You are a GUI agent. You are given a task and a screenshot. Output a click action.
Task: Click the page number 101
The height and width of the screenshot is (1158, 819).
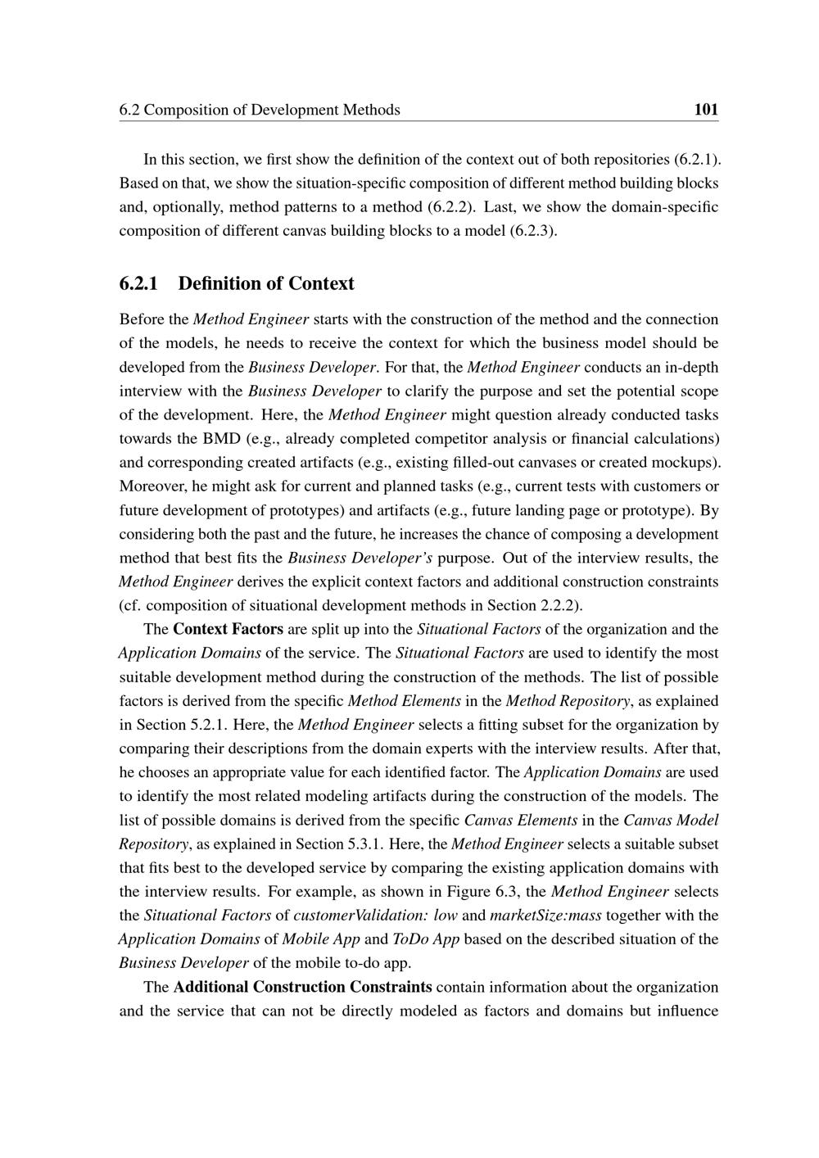point(705,109)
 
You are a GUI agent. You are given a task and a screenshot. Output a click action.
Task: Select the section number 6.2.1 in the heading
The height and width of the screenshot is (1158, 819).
point(141,283)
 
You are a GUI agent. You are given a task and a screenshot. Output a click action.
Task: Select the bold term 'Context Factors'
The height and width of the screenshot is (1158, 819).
point(229,629)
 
